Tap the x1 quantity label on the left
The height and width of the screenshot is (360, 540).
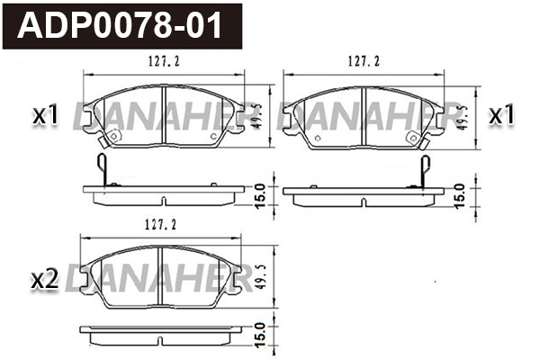pos(45,115)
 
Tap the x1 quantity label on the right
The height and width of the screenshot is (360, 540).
pos(500,115)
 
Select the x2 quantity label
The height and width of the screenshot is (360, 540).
pos(45,281)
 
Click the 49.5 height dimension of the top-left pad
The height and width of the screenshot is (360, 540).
pos(257,115)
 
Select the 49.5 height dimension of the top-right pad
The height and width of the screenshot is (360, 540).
pos(462,115)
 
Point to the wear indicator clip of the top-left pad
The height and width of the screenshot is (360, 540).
pos(104,168)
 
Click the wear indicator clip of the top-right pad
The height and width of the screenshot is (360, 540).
pos(427,168)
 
